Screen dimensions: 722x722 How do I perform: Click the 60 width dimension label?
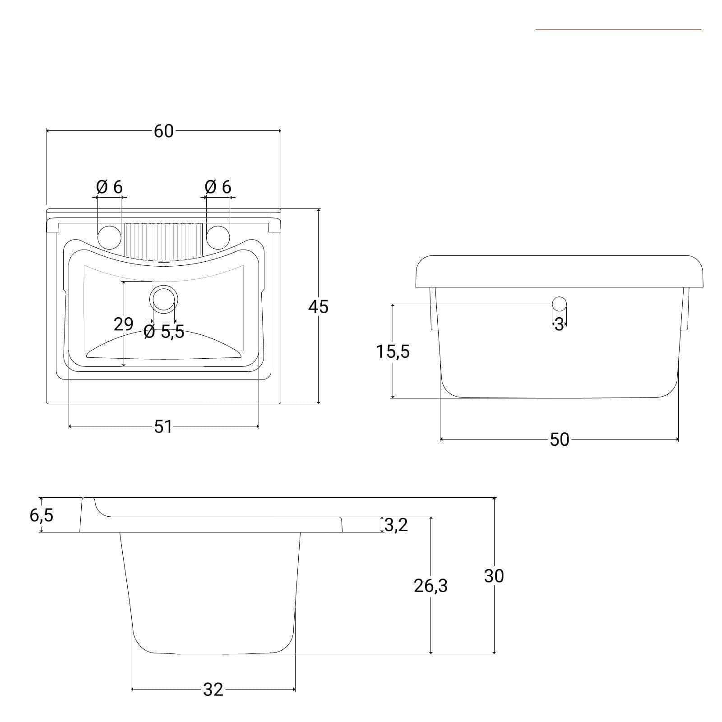(163, 131)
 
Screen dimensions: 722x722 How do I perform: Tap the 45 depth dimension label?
(318, 307)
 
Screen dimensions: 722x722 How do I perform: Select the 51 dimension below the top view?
(163, 426)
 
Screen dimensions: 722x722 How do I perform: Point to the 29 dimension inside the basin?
(123, 324)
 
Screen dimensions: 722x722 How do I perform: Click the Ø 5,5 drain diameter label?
(164, 332)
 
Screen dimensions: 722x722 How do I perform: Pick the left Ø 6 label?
(109, 186)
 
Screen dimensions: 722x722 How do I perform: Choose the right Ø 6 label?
(218, 186)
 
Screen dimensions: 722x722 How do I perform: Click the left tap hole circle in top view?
(110, 237)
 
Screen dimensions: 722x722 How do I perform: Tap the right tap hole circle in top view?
(218, 237)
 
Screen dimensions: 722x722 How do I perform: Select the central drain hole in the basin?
(163, 299)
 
